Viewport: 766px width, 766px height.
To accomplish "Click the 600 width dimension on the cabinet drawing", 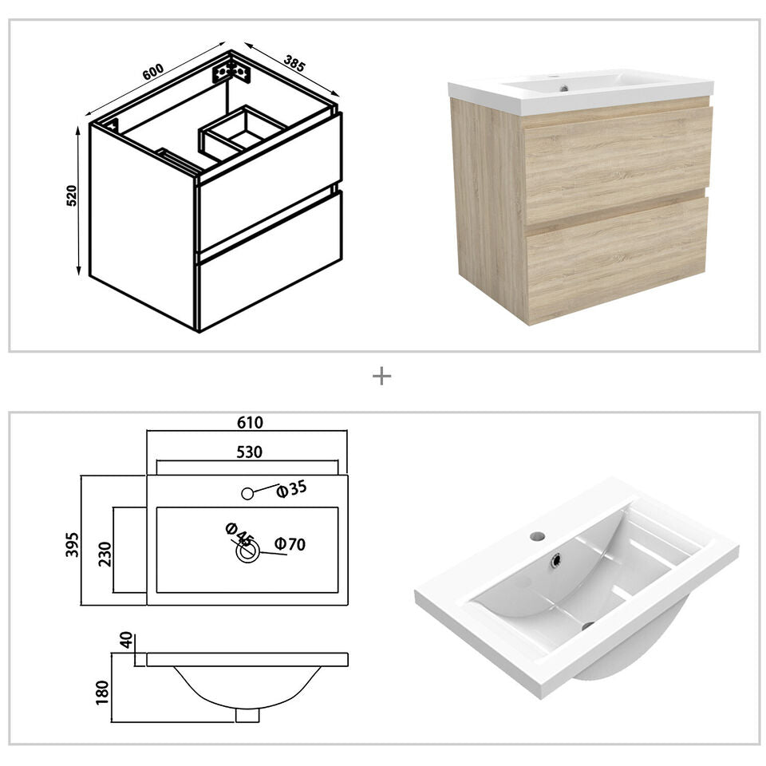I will point(153,70).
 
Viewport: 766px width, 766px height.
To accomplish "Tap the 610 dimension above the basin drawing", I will point(249,422).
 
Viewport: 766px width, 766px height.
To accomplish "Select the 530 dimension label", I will point(249,452).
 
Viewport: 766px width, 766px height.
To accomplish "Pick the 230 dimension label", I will point(104,551).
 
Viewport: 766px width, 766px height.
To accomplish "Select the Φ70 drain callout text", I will point(290,544).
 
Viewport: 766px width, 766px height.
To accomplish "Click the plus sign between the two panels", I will point(382,376).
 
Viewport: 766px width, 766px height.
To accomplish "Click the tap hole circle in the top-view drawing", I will point(247,493).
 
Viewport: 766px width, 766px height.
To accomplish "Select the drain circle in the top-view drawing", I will point(247,551).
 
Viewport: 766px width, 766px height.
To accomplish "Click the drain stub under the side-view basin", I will point(247,715).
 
